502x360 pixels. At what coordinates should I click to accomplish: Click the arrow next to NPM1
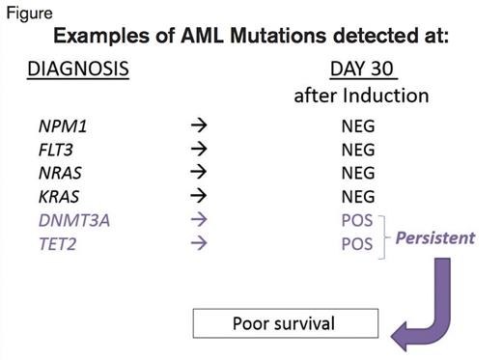coord(199,125)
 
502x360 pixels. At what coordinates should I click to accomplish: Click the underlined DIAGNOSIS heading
coord(77,69)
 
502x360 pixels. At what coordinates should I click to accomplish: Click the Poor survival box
coord(285,323)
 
